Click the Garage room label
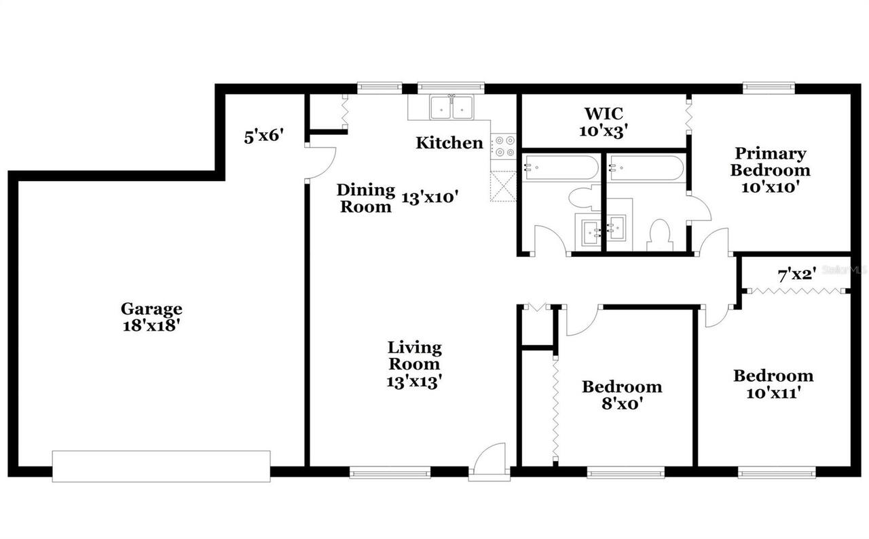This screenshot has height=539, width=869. click(x=151, y=309)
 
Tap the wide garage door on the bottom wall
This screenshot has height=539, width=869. click(x=161, y=466)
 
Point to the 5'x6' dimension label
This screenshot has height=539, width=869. click(x=263, y=136)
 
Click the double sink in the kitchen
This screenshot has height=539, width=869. click(x=451, y=107)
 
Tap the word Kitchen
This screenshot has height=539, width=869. click(x=449, y=143)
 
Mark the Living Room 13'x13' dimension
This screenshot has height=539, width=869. click(x=414, y=381)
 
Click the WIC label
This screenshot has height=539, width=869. click(x=604, y=113)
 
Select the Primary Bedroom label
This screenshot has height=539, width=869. click(x=770, y=161)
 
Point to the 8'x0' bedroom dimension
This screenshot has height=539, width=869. click(x=621, y=403)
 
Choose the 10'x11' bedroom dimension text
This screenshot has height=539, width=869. click(x=773, y=392)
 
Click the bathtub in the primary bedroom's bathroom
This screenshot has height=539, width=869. click(x=645, y=167)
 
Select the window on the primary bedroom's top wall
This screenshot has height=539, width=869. click(x=768, y=87)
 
